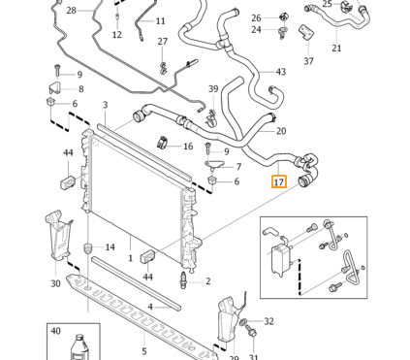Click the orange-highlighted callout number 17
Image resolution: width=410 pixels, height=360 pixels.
point(279,181)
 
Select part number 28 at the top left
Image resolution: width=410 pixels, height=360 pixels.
point(70,10)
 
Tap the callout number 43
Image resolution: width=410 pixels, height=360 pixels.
point(280,72)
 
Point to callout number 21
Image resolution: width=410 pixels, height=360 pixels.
point(336,49)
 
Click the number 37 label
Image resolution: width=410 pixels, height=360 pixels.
point(308,60)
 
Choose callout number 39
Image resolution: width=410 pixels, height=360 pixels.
point(213,89)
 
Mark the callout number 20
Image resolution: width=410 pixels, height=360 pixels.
point(281,131)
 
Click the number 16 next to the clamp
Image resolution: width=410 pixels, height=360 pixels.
point(188,147)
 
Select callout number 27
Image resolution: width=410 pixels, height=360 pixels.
point(162,42)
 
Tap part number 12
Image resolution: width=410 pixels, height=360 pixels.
point(116,35)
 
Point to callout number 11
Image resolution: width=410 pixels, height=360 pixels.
point(160,20)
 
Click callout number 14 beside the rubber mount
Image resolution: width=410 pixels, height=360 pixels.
point(110,247)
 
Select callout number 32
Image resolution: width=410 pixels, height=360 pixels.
point(268,321)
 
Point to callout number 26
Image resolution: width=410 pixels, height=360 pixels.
point(256,17)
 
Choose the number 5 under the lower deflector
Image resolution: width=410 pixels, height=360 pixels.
point(144,351)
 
